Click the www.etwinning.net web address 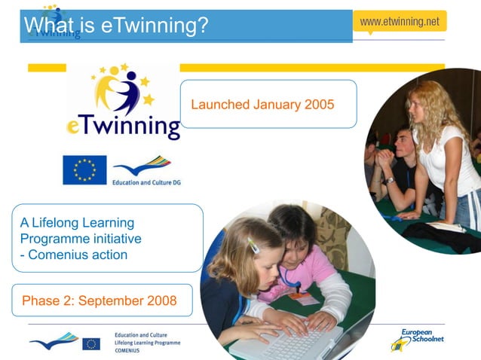(399, 22)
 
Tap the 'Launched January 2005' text (262, 104)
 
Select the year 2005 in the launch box (319, 104)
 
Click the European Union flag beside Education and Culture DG (84, 169)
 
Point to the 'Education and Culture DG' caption (146, 182)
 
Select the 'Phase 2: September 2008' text (100, 301)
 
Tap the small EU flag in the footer (91, 343)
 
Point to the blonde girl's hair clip (254, 246)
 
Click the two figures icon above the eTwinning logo (121, 90)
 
